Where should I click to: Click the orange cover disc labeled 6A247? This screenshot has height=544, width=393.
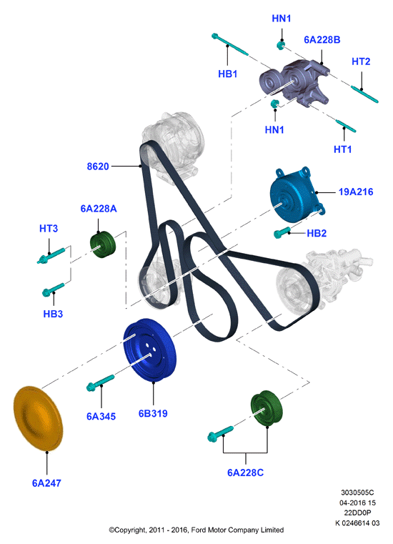[38, 418]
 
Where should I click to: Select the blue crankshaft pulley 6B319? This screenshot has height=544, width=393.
[150, 350]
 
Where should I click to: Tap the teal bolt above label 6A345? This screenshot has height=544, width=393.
[100, 382]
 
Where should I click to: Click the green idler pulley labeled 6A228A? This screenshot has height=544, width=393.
[103, 245]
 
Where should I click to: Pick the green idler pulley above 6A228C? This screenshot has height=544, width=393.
[266, 408]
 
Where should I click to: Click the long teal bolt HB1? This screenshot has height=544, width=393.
[229, 44]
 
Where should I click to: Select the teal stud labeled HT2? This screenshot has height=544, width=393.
[364, 94]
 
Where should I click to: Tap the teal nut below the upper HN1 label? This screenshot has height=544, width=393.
[281, 45]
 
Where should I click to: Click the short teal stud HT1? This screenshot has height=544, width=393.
[345, 126]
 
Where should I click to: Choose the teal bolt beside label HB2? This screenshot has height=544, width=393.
[282, 232]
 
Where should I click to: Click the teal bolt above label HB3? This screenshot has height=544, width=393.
[53, 290]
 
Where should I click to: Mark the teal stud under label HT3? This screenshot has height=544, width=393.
[51, 256]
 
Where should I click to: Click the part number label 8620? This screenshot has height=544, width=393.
[98, 167]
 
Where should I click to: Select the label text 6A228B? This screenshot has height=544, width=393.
[322, 40]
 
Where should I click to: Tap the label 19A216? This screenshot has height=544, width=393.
[356, 192]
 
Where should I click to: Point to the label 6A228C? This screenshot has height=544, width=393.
[245, 473]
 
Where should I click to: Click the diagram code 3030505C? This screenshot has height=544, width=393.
[357, 493]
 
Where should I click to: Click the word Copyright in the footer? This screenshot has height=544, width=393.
[130, 530]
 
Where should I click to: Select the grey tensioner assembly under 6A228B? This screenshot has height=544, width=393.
[294, 83]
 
